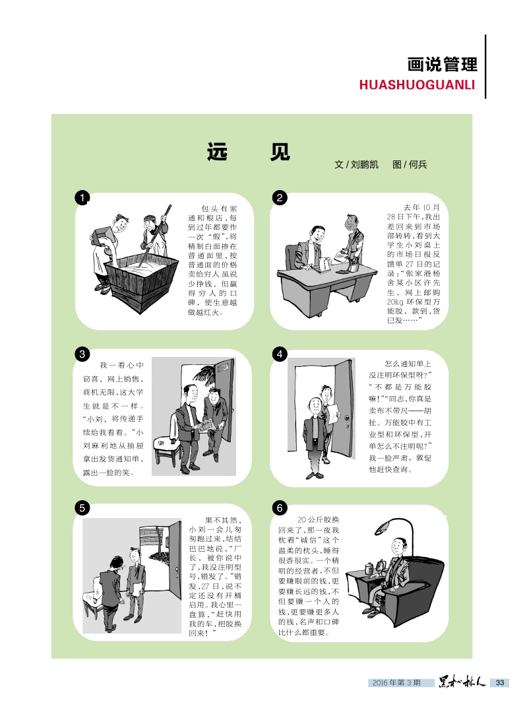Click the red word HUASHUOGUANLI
click(417, 84)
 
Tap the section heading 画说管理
click(442, 65)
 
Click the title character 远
click(217, 152)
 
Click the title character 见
click(280, 152)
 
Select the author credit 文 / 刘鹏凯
click(356, 164)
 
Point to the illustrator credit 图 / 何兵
click(410, 164)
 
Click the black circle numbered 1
click(82, 198)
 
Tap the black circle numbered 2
click(280, 198)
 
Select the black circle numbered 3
click(82, 354)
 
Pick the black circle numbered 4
click(280, 354)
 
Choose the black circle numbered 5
click(82, 508)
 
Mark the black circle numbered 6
click(280, 508)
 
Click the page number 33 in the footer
click(500, 682)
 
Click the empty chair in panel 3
click(168, 442)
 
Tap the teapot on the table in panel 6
click(369, 568)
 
